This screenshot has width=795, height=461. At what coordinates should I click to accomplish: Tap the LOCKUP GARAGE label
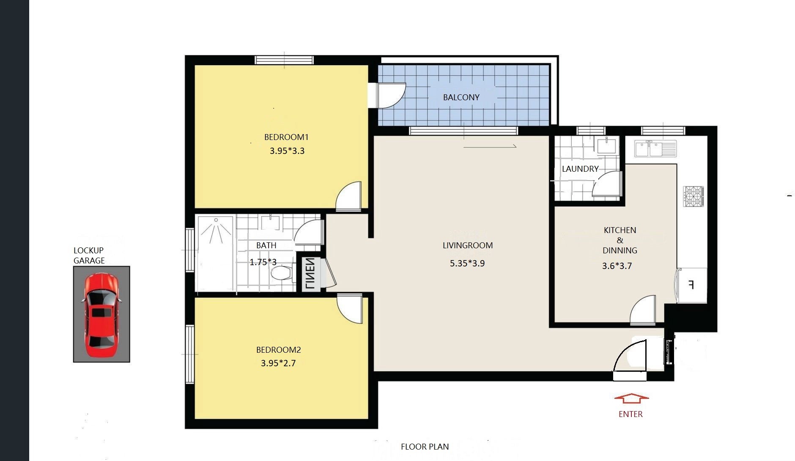pos(89,255)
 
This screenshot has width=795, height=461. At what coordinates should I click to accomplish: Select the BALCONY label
pos(461,97)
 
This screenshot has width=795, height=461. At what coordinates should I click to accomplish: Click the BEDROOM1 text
pos(286,137)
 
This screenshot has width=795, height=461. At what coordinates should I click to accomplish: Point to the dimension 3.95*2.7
pos(278,363)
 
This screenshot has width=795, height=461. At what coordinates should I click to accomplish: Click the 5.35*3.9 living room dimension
pos(467,263)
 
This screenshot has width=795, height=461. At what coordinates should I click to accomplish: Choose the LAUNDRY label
pos(580,169)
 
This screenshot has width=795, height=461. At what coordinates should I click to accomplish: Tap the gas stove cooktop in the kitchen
pos(693,197)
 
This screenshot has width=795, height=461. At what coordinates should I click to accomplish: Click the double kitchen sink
pos(655,149)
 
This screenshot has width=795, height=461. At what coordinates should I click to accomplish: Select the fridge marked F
pos(691,285)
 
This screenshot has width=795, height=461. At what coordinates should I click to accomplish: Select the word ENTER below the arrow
pos(631,414)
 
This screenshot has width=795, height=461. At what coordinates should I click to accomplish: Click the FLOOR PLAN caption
pos(425,447)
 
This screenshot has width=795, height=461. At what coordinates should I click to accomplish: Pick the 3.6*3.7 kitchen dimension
pos(617,266)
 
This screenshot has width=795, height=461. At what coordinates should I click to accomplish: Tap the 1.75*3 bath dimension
pos(263,262)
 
